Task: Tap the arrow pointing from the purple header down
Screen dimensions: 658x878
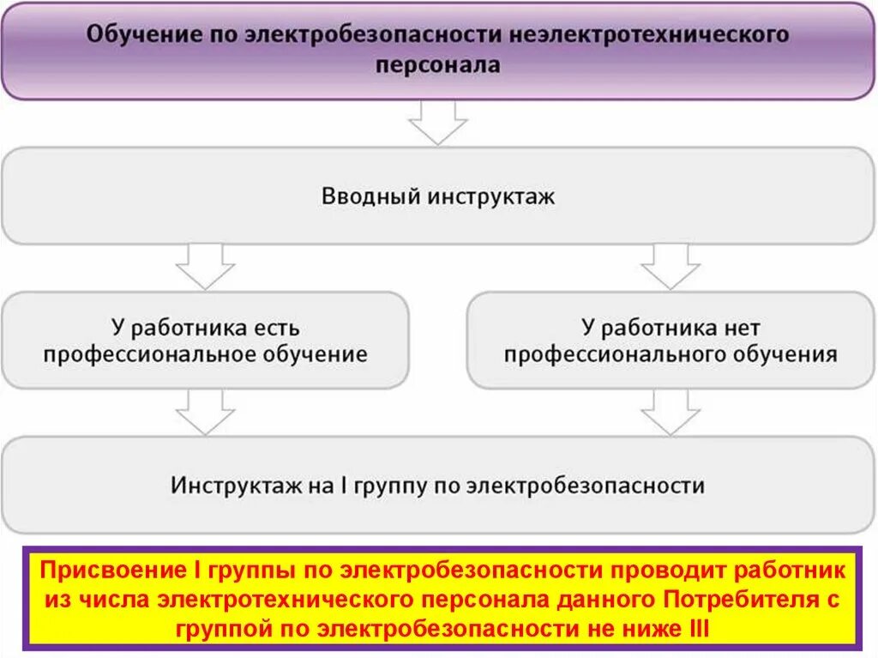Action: tap(437, 123)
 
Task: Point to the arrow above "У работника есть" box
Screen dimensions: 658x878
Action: tap(205, 266)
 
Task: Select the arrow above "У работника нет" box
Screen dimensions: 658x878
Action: tap(671, 266)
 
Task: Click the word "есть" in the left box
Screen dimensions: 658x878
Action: tap(277, 328)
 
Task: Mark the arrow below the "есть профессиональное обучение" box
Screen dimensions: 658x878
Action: tap(205, 412)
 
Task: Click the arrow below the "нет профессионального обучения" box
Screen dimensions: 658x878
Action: tap(671, 412)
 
